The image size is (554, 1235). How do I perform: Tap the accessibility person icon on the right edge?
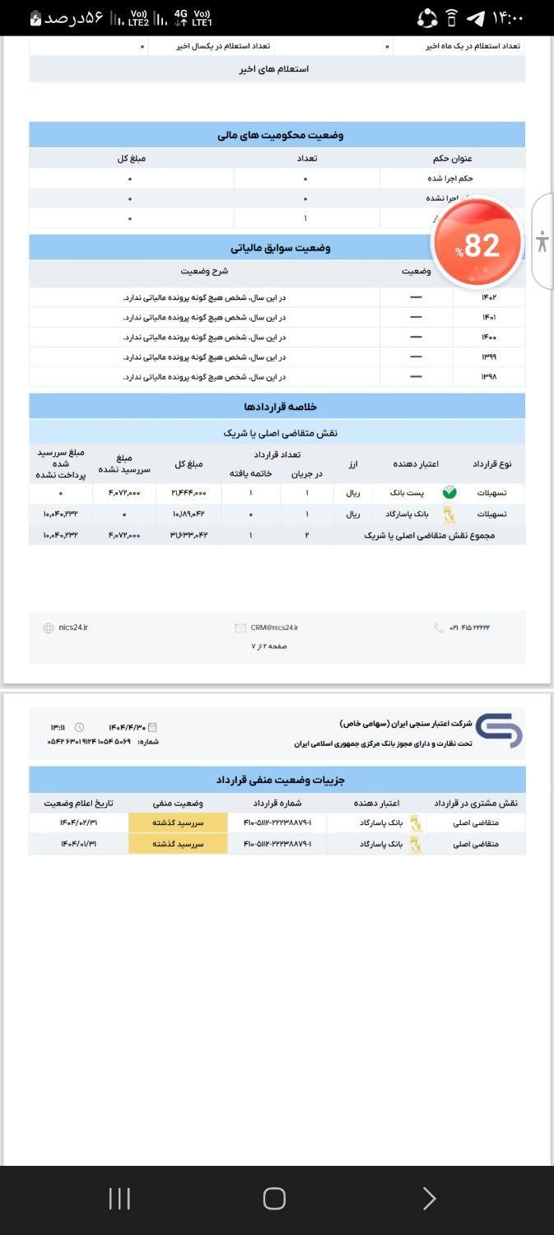coord(542,241)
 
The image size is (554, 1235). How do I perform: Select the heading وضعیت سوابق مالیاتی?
coord(280,248)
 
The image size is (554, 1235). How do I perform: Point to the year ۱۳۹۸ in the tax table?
coord(489,377)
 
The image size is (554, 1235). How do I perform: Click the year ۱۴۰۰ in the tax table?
coord(489,338)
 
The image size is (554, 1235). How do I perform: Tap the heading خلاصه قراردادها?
coord(280,407)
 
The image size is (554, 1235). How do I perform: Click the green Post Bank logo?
coord(449,492)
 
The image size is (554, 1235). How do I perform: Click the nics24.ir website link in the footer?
coord(72,627)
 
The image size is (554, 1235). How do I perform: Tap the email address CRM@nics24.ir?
coord(274,627)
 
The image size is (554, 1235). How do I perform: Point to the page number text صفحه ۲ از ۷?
coord(269,646)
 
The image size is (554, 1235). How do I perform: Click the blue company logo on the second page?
coord(499,730)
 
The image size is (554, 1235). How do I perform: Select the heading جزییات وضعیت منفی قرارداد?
coord(280,780)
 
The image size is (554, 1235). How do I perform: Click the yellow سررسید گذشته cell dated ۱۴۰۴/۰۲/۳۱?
coord(178,823)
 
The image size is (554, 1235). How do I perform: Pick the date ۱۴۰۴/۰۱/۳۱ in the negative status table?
coord(78,844)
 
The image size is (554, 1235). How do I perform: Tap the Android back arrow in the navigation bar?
coord(428,1199)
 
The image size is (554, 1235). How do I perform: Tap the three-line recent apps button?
coord(119,1199)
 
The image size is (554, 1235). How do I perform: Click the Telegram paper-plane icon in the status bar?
coord(475,17)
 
